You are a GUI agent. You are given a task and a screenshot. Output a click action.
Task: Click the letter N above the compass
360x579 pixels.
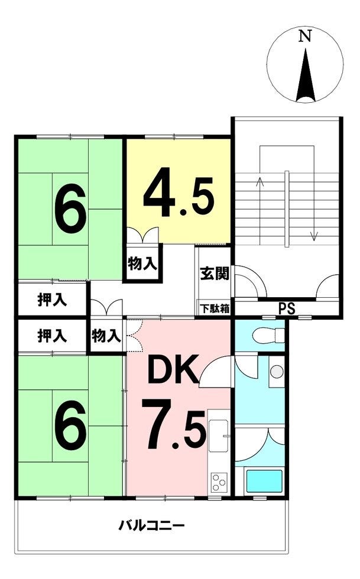tap(305, 36)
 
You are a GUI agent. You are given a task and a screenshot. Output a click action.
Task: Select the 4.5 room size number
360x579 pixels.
tap(179, 197)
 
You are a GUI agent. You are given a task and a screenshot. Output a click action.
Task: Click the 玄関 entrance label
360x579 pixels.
tap(215, 274)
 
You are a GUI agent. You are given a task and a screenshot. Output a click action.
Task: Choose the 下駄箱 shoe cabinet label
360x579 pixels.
tap(215, 308)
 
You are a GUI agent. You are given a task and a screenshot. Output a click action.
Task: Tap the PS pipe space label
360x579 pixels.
tap(287, 308)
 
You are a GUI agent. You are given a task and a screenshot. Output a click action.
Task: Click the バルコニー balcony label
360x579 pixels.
tap(151, 525)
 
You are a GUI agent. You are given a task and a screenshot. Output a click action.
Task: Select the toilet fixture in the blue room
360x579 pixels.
tap(268, 336)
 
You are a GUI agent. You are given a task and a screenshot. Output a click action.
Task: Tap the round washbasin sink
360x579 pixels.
tap(277, 372)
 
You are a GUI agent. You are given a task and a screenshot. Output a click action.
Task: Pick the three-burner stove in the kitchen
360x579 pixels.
tap(219, 482)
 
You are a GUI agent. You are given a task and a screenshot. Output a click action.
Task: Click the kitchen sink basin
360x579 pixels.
tap(218, 435)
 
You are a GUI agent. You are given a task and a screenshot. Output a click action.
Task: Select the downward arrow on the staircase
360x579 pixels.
tap(314, 210)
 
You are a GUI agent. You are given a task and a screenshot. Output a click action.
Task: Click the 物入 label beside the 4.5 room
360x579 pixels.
tap(142, 264)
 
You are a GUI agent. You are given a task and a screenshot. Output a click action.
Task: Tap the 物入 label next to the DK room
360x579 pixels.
tap(106, 336)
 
